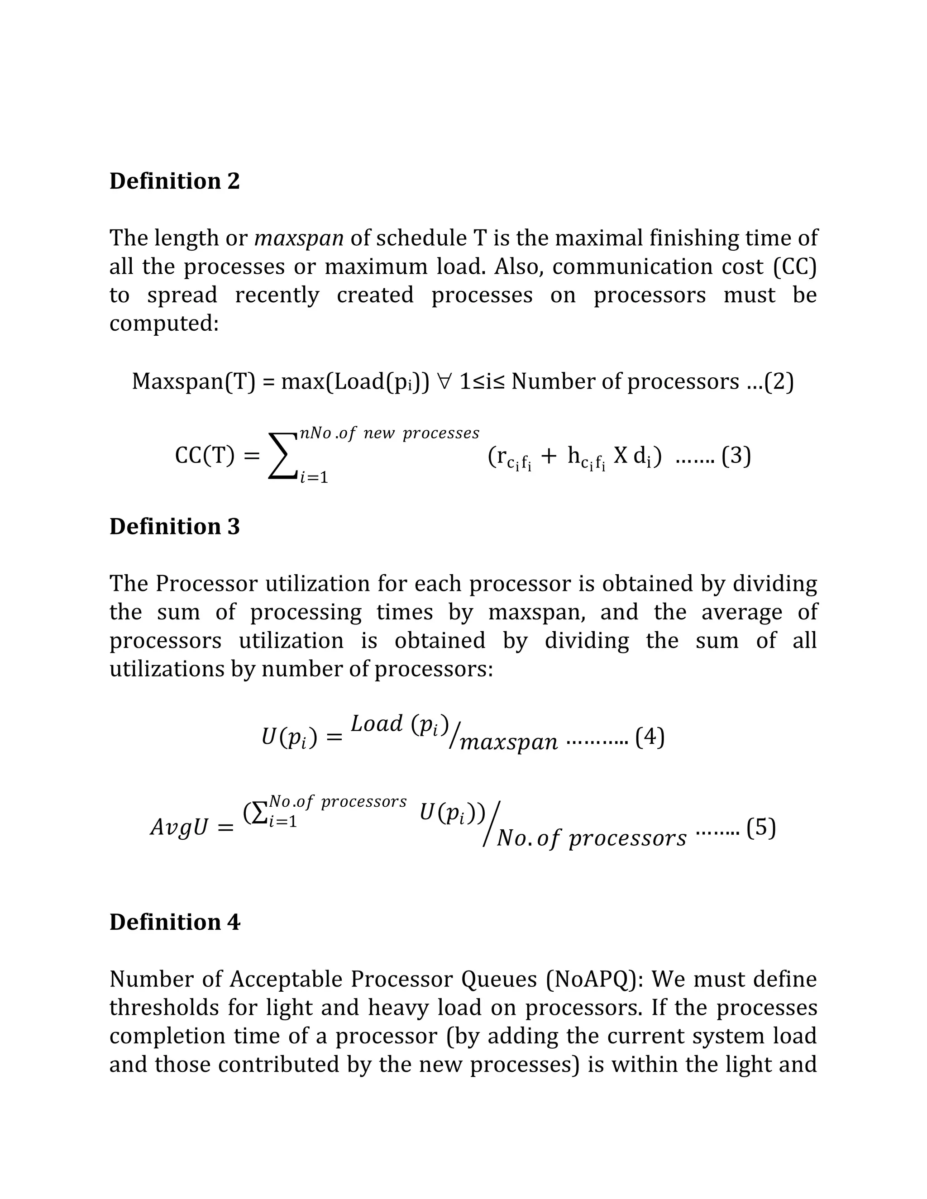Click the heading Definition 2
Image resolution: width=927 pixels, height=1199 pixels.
[x=175, y=181]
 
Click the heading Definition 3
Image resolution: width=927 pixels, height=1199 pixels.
[x=175, y=527]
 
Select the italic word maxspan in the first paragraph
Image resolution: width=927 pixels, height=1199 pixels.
[x=299, y=238]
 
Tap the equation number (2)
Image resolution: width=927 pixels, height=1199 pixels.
[x=779, y=381]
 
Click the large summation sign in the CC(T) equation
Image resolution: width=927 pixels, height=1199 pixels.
[x=281, y=456]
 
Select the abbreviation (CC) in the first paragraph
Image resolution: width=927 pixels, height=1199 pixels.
[x=794, y=267]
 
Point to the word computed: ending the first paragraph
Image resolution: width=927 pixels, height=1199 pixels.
[x=164, y=324]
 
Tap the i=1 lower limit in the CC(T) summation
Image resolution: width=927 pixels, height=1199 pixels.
[x=314, y=478]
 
